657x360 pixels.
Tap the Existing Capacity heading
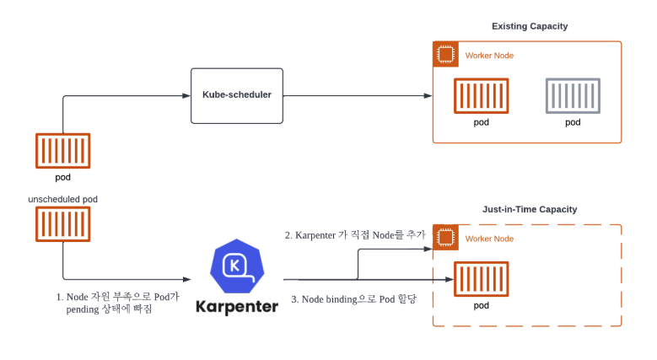(x=530, y=26)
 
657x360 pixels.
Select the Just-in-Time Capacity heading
(x=530, y=209)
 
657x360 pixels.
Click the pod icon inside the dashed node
(x=481, y=280)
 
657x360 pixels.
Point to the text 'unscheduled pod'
(x=62, y=199)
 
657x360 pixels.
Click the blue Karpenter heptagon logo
(x=238, y=266)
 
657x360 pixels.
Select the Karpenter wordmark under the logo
(x=238, y=307)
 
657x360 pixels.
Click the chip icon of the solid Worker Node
(x=445, y=55)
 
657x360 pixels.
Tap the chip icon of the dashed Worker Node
(x=445, y=238)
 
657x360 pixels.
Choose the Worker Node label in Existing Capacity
(x=489, y=56)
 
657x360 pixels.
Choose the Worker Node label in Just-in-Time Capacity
(x=489, y=239)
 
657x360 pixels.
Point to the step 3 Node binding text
(x=353, y=299)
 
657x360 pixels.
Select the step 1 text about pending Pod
(x=117, y=303)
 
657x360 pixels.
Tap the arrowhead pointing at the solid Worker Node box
(x=428, y=95)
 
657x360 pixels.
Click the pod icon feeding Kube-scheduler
(x=62, y=150)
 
